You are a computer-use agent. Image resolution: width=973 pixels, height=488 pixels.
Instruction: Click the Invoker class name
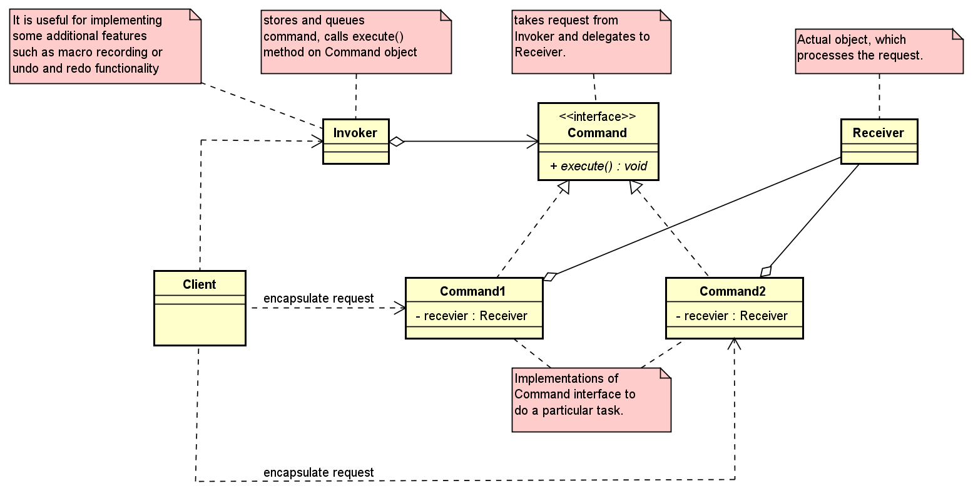pos(355,133)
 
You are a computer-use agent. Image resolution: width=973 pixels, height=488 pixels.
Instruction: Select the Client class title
pos(199,284)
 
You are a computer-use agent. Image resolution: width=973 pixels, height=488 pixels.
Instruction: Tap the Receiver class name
pos(878,133)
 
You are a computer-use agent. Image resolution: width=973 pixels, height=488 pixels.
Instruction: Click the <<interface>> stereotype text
pos(598,117)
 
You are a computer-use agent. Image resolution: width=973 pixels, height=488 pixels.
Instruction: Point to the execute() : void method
pos(598,166)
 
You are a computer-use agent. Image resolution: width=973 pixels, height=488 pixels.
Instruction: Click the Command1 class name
pos(472,291)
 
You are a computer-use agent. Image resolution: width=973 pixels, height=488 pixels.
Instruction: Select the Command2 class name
pos(733,291)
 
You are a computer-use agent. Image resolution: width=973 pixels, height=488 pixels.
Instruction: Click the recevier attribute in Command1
pos(472,316)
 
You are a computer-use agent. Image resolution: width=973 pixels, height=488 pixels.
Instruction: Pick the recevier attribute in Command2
pos(733,316)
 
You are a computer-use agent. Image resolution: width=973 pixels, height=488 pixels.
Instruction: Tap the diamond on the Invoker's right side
pos(397,142)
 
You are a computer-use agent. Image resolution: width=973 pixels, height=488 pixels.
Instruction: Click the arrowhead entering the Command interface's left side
pos(532,142)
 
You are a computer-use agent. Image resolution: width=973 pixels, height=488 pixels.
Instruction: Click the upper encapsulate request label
pos(318,298)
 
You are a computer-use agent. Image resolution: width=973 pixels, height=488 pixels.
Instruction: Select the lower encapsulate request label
pos(318,472)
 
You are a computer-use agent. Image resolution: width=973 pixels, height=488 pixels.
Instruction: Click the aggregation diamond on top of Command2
pos(766,271)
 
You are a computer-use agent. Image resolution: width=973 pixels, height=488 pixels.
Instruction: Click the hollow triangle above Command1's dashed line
pos(564,186)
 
